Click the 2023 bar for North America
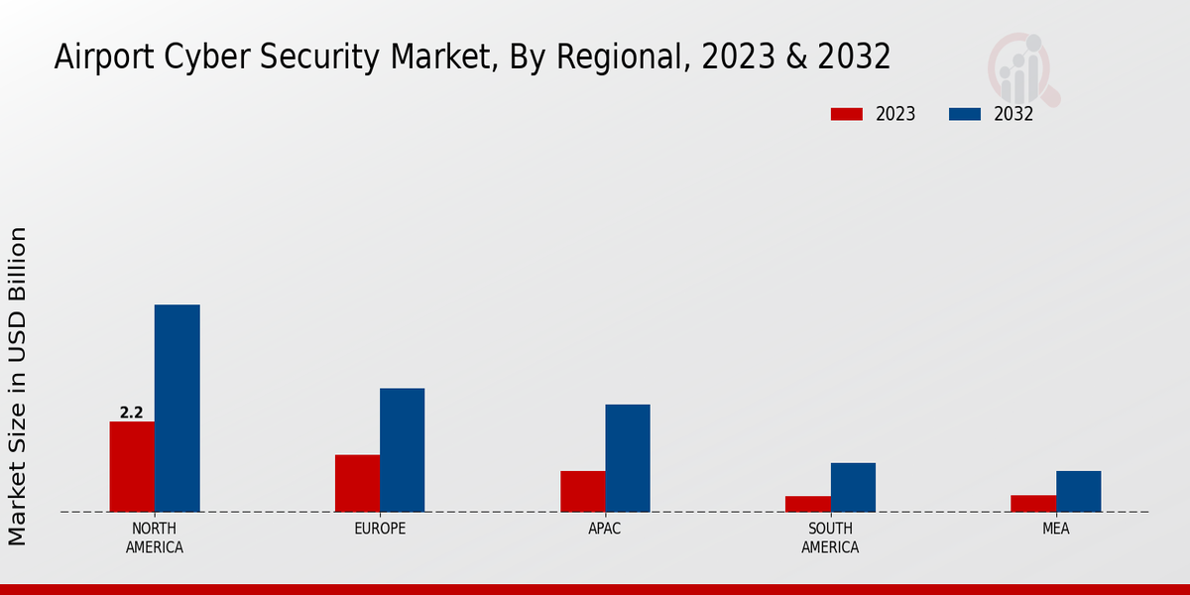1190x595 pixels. point(132,466)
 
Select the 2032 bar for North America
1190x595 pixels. point(177,408)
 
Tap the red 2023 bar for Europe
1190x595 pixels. point(357,483)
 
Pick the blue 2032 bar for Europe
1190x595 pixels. point(402,449)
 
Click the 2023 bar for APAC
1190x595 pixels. point(582,491)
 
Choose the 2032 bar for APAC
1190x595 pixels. point(628,457)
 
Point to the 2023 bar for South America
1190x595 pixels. point(807,504)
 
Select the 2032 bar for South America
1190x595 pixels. point(853,487)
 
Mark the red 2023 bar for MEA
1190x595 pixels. point(1032,503)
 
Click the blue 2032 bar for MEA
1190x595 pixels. point(1078,491)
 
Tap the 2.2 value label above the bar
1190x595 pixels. point(132,413)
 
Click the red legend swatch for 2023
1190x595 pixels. point(846,114)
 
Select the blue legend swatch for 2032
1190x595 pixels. point(964,114)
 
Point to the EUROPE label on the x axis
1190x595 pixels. point(380,529)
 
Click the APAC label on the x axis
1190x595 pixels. point(605,529)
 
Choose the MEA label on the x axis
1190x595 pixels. point(1055,529)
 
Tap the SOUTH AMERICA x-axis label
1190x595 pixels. point(830,537)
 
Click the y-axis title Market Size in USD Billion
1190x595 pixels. point(18,386)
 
